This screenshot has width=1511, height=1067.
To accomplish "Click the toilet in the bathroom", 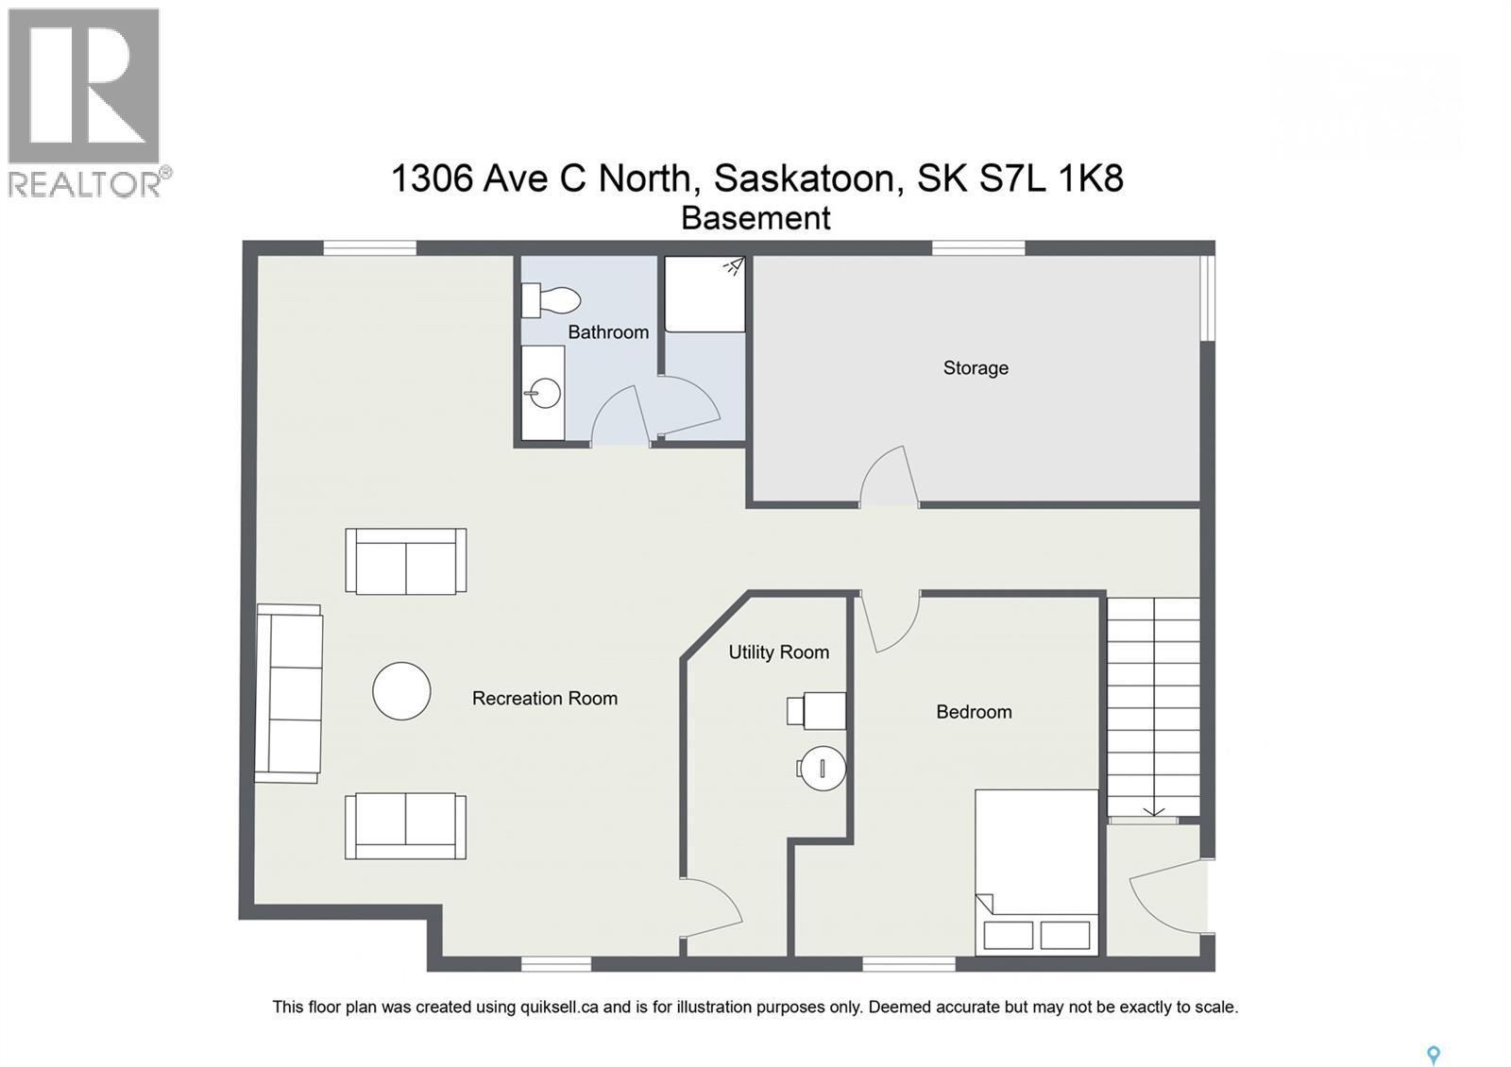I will (x=552, y=300).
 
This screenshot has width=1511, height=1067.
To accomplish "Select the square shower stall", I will (x=705, y=294).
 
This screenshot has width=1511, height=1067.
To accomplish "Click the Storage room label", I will (x=976, y=368).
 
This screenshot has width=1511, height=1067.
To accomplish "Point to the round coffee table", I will (x=401, y=691).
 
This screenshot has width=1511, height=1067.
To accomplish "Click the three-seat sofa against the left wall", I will (x=289, y=694).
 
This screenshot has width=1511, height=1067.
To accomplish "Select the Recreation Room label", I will (x=545, y=699).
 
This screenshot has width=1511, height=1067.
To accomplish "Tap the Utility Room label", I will (x=778, y=652).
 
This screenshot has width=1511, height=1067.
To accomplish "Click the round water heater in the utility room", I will (x=822, y=768).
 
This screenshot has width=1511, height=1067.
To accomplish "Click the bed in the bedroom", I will (x=1037, y=871).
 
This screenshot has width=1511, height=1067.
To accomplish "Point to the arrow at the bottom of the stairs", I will (x=1153, y=809).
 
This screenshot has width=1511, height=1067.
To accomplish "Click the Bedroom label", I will (x=974, y=712).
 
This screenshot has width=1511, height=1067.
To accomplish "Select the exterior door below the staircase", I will (x=1169, y=895).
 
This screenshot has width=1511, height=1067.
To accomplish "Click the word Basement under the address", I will (x=755, y=218).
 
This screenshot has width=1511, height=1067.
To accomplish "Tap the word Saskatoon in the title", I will (x=804, y=178).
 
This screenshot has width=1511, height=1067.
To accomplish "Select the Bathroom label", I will (x=608, y=332).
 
